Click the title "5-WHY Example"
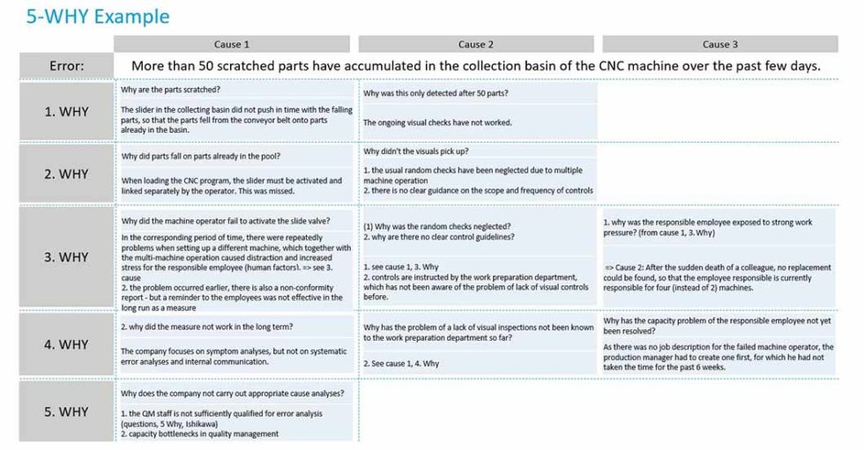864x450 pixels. [98, 16]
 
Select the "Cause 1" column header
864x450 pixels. [232, 44]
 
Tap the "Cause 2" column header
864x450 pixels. [476, 44]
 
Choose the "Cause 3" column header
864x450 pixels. [720, 44]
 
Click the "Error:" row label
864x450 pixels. [67, 66]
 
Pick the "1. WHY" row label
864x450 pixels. [67, 112]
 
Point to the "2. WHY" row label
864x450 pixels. [67, 173]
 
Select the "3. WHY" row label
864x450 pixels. [67, 257]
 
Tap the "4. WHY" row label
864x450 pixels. [67, 343]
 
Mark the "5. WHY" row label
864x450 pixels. [67, 411]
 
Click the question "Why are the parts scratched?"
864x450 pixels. [171, 90]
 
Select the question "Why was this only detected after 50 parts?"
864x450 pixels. [436, 93]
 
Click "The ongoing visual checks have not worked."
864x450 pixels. [437, 122]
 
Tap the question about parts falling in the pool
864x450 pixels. [200, 156]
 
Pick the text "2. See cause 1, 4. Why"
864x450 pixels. [401, 363]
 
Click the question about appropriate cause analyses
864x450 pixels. [233, 393]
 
